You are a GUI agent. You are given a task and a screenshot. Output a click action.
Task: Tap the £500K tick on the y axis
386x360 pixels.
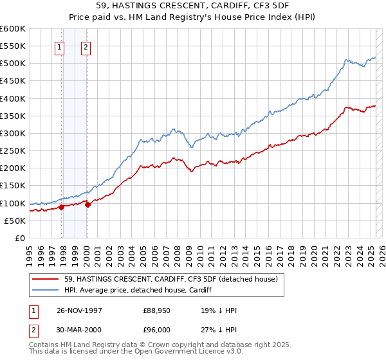(x=13, y=64)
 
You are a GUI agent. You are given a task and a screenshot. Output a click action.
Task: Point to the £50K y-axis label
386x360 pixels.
(x=15, y=221)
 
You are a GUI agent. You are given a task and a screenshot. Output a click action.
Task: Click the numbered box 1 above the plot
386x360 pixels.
(x=59, y=46)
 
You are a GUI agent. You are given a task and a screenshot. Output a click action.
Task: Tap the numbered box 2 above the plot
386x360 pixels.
(x=86, y=46)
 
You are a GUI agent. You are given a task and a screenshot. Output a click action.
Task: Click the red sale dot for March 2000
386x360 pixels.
(x=87, y=205)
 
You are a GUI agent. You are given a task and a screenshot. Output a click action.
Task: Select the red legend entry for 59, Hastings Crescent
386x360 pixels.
(x=170, y=279)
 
